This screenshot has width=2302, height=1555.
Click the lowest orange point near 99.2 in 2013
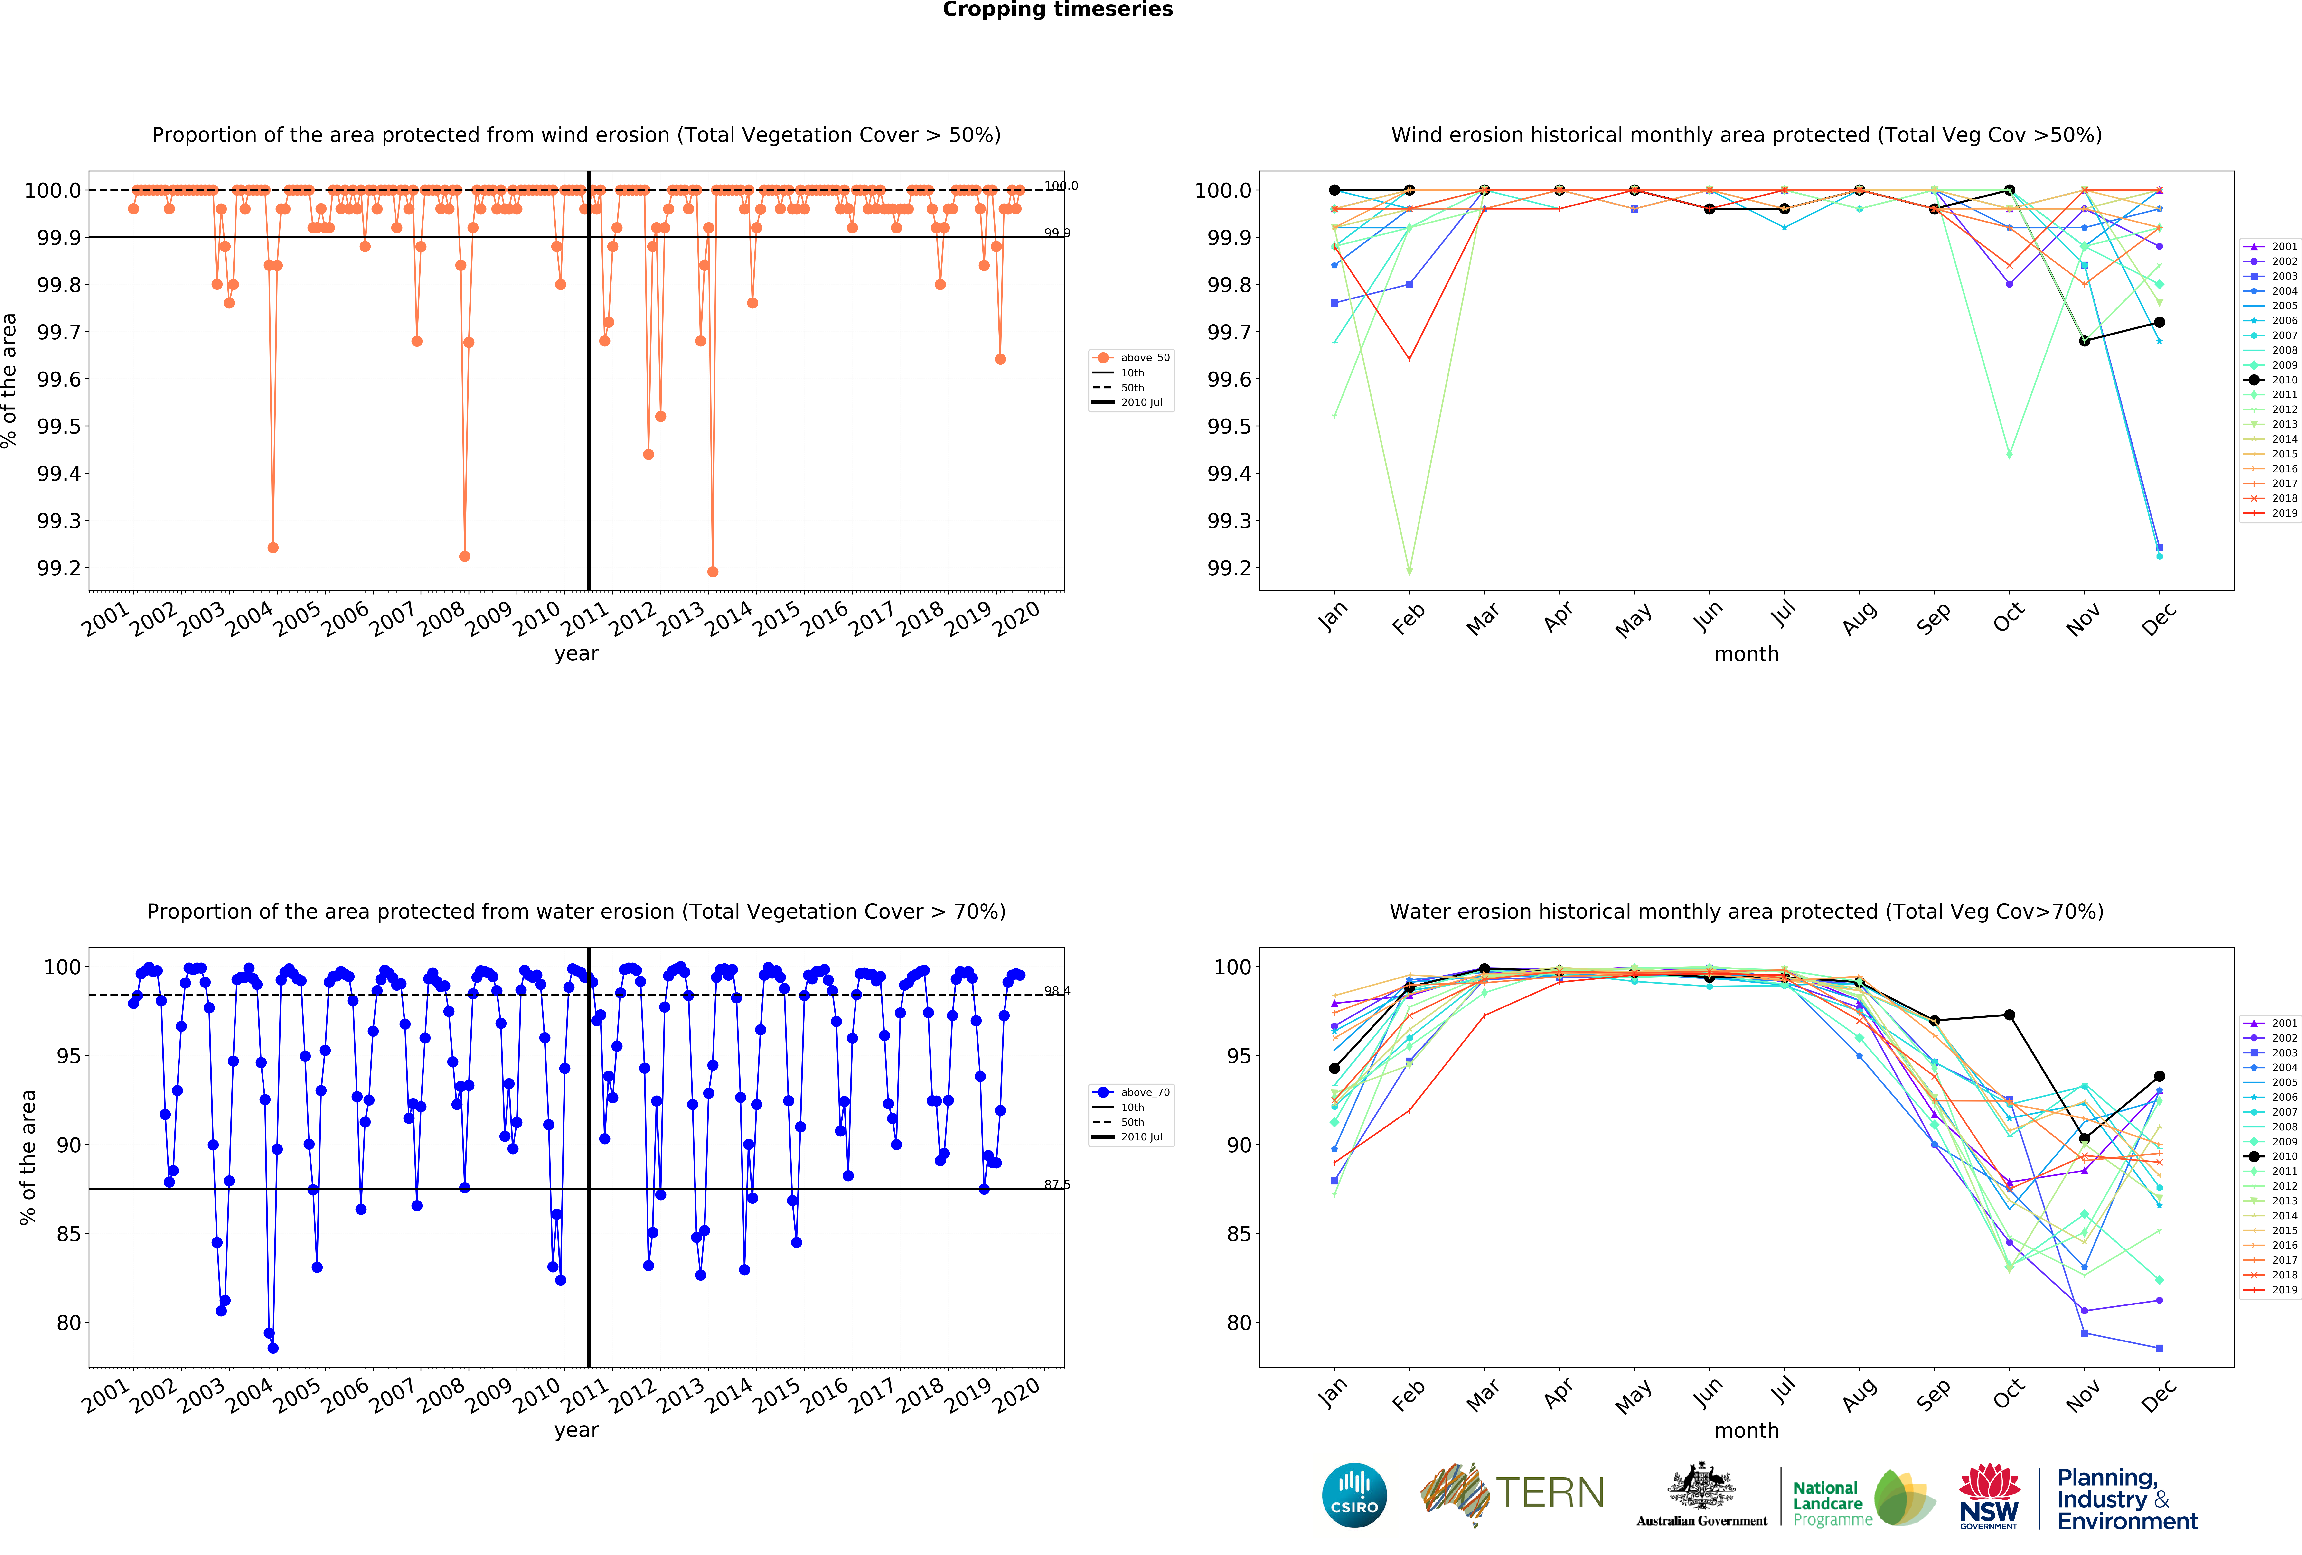(712, 571)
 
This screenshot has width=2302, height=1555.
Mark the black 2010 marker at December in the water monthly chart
(2159, 1077)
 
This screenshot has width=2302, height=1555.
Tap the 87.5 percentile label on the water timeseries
(1057, 1185)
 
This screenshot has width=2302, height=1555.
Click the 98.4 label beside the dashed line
(1057, 990)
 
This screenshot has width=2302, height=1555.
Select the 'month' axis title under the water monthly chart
(1746, 1430)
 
